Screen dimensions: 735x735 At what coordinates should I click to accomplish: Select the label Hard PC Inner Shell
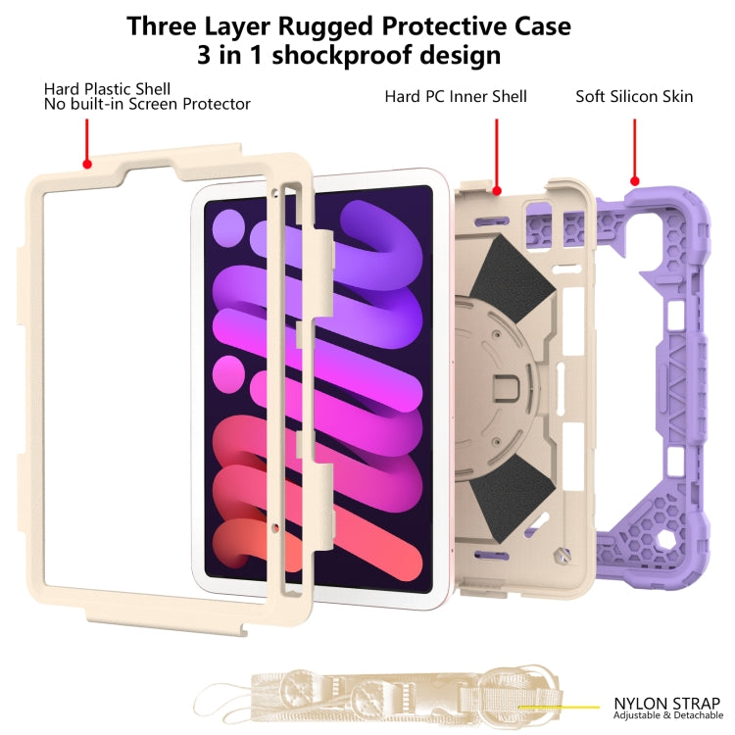click(456, 96)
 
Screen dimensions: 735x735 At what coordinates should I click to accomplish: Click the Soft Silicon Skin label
click(634, 96)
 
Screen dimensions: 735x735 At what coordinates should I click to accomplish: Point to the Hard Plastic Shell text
click(107, 88)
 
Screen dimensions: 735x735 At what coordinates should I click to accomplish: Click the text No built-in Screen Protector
click(147, 104)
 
